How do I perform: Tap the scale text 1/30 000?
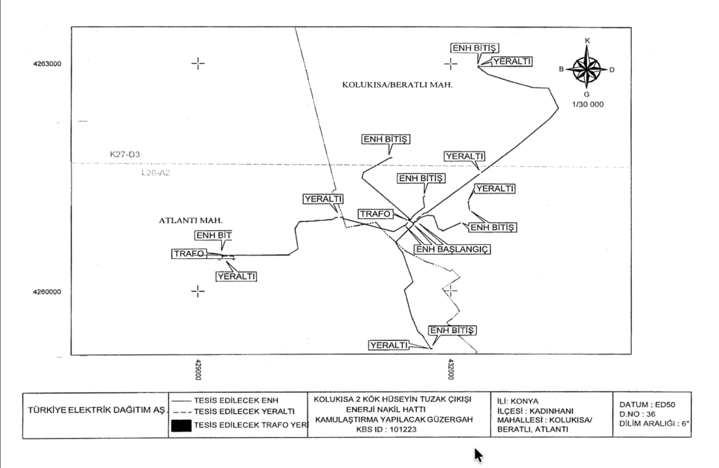588,104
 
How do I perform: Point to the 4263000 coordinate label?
48,64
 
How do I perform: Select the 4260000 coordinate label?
48,291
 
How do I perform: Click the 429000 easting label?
199,369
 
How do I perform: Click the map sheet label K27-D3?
125,154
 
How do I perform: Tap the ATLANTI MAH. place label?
185,220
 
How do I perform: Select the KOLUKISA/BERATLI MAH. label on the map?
397,84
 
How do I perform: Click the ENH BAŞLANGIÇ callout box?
452,249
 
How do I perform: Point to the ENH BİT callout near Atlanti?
213,235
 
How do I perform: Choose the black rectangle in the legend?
182,425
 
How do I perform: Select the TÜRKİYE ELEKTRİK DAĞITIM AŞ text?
95,410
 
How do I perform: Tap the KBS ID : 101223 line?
392,429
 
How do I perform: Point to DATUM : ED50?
645,404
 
